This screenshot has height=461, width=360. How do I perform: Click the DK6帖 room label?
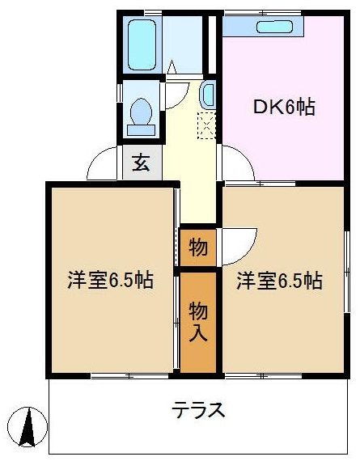[x=284, y=107]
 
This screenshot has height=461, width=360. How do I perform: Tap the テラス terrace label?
[x=198, y=410]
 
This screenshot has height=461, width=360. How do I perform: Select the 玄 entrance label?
[x=142, y=163]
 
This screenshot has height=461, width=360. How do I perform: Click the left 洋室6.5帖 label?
[x=110, y=281]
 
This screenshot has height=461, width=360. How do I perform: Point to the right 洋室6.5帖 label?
[x=279, y=281]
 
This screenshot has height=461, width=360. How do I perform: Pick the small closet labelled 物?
[x=198, y=247]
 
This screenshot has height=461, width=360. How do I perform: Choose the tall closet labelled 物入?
[x=198, y=322]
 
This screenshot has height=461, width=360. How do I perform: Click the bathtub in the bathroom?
[x=142, y=44]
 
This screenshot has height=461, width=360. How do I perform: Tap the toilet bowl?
[x=142, y=112]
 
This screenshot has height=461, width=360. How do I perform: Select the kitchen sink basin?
[x=275, y=27]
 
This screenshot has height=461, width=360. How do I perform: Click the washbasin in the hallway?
[x=208, y=95]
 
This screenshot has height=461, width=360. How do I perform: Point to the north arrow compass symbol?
[x=28, y=427]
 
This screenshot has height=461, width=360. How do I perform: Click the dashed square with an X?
[x=207, y=126]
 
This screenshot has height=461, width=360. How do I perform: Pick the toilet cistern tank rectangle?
[x=142, y=130]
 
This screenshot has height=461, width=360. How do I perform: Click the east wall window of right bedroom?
[x=347, y=272]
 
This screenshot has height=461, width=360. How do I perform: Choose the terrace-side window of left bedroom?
[x=129, y=376]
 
